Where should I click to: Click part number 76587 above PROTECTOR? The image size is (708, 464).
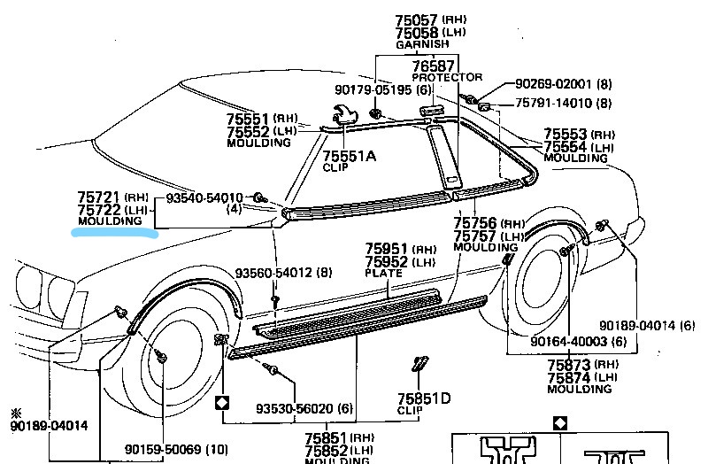click(x=433, y=66)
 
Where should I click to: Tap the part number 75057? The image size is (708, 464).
click(x=416, y=19)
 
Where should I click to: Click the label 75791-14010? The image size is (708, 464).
click(x=553, y=104)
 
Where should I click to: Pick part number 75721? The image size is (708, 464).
click(x=98, y=197)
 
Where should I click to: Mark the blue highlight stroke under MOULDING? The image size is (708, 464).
click(x=115, y=233)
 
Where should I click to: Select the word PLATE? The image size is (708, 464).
click(x=384, y=274)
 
